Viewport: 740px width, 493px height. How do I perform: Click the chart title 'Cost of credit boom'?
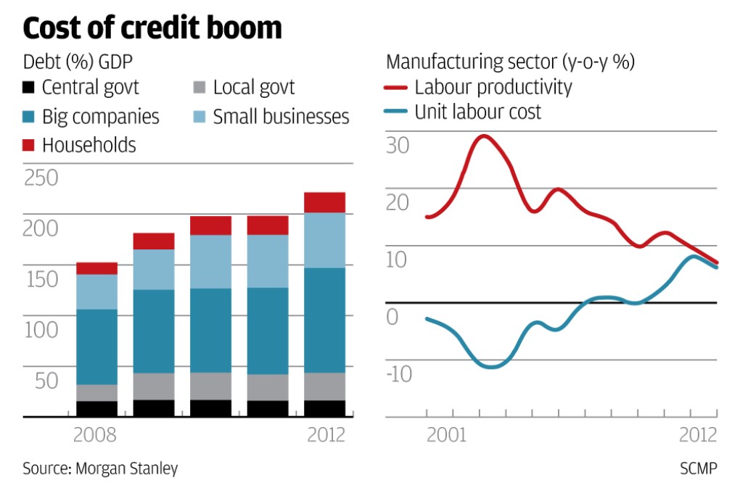tap(152, 28)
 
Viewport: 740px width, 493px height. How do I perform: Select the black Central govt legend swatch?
tap(29, 88)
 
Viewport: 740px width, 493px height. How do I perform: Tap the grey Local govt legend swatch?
tap(199, 88)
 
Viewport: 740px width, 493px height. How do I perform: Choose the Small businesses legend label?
tap(281, 117)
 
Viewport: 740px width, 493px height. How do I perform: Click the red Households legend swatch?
tap(29, 145)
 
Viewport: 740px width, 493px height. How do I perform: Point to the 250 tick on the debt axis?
tap(41, 178)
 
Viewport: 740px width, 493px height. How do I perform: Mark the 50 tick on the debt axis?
tap(41, 380)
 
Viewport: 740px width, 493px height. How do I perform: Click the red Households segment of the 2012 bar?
tap(324, 202)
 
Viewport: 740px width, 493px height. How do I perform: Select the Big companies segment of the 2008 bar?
tap(96, 347)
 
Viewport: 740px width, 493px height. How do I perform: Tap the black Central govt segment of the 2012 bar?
tap(324, 408)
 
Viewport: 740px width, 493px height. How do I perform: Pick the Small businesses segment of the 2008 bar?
tap(96, 291)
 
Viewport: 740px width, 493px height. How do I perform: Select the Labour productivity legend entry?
tap(479, 88)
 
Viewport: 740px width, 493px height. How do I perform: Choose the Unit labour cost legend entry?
tap(464, 112)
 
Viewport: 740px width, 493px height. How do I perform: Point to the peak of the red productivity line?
tap(484, 136)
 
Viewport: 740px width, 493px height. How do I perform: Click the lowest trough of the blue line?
tap(492, 367)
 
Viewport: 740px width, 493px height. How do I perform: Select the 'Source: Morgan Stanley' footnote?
tap(100, 468)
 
